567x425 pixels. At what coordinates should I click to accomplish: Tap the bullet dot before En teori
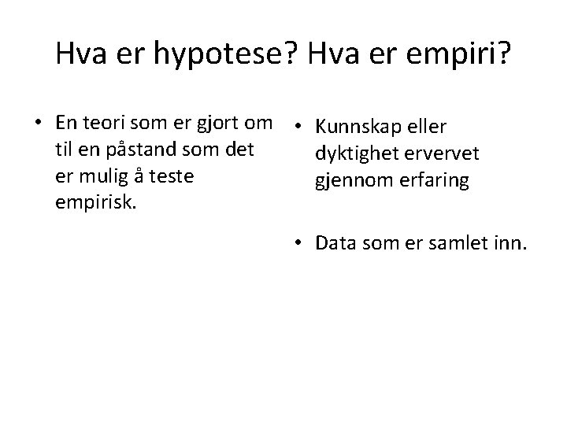38,123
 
